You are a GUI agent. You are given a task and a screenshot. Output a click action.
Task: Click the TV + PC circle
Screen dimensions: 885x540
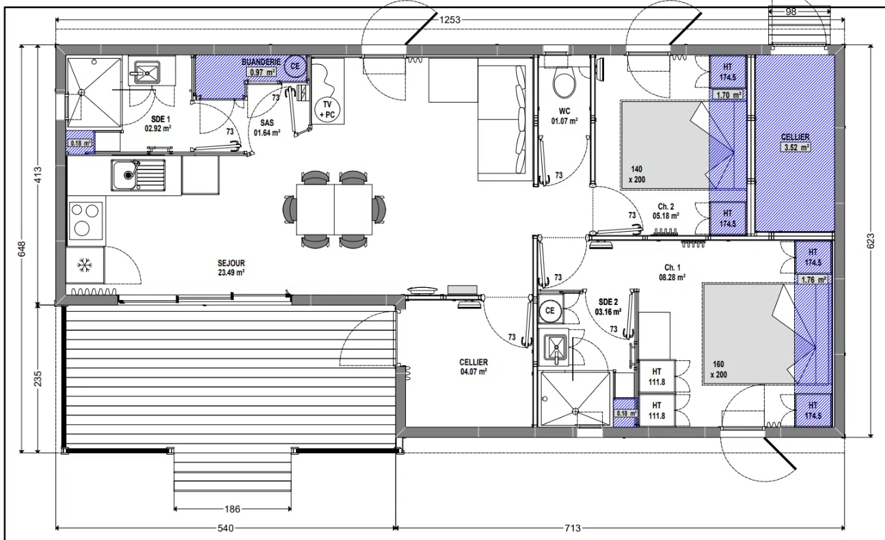point(327,109)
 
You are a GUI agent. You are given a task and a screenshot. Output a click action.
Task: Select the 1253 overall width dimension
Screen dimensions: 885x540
point(450,20)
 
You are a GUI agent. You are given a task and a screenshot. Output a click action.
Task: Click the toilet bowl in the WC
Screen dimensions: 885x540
point(564,84)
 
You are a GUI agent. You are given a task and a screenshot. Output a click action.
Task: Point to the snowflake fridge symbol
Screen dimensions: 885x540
point(84,265)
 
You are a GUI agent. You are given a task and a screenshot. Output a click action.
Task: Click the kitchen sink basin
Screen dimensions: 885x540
point(124,175)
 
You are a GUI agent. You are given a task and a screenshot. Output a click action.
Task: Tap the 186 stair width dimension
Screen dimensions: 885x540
point(232,509)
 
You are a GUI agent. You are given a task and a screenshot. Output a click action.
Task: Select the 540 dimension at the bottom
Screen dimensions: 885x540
point(226,528)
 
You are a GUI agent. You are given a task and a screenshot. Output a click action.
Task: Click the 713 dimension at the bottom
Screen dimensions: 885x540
point(573,528)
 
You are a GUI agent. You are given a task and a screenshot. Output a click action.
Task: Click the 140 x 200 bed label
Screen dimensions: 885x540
point(636,174)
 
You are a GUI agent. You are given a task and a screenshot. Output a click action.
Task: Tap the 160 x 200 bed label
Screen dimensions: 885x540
point(718,369)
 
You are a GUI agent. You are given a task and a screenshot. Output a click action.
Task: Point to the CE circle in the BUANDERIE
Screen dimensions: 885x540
point(295,66)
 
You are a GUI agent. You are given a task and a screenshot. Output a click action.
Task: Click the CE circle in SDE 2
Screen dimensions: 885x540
point(550,311)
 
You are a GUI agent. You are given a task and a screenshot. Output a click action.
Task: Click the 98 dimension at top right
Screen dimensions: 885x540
point(791,12)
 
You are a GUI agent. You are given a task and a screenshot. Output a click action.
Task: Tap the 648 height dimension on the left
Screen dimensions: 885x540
point(22,249)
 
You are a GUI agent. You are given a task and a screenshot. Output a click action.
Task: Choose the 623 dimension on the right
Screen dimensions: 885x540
point(871,241)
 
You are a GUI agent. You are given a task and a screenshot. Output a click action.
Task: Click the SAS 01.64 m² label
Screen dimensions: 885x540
point(267,128)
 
